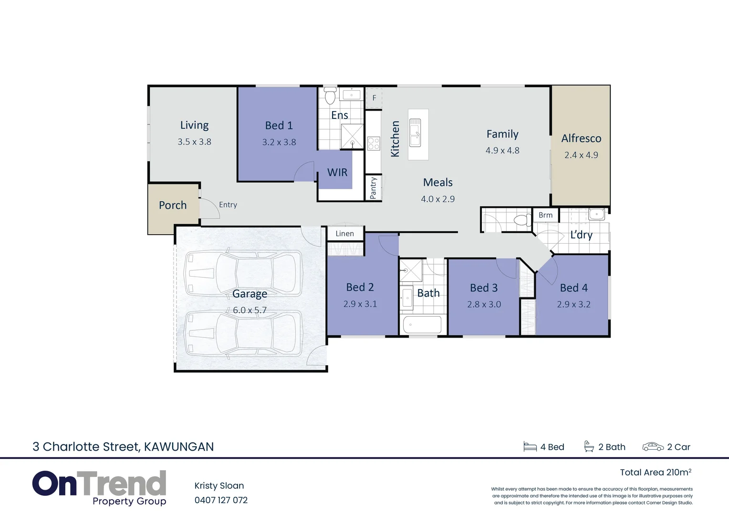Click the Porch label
173,205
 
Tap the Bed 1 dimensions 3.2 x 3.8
279,142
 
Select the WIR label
337,173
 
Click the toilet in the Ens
330,96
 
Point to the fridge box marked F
374,98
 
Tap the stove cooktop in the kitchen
374,144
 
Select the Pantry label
373,188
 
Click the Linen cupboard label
344,234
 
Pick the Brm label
545,215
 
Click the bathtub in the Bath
422,325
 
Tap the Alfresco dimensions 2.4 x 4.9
581,155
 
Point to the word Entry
228,205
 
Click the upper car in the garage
243,273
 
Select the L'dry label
581,235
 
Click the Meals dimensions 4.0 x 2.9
437,199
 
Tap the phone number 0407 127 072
221,500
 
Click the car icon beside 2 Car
653,447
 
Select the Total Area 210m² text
655,473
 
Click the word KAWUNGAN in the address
179,447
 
